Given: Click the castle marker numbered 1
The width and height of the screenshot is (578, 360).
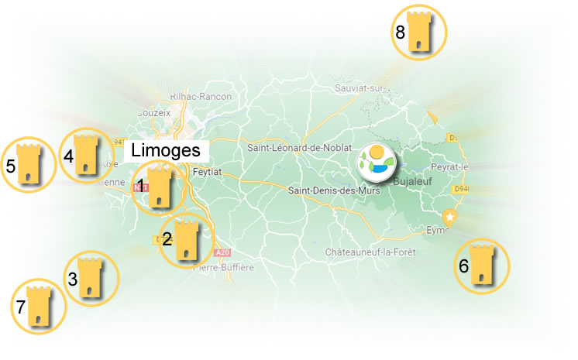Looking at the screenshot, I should click(x=160, y=187).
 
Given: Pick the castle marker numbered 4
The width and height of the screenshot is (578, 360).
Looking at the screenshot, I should click(x=85, y=156).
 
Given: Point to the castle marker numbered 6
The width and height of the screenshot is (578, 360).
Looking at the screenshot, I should click(x=482, y=266).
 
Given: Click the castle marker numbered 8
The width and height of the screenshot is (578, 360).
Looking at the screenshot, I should click(x=420, y=32).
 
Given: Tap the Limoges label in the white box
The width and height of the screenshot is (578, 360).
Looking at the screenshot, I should click(x=165, y=150).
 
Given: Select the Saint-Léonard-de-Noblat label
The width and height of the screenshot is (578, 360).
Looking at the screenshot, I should click(x=298, y=147).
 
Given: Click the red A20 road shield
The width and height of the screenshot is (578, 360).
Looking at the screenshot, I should click(x=223, y=252).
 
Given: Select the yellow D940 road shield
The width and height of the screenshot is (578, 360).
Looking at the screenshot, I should click(x=462, y=187).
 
